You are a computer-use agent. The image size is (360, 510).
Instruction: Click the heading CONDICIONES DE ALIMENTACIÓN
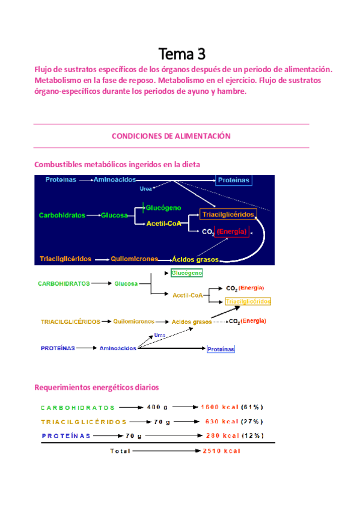coord(171,137)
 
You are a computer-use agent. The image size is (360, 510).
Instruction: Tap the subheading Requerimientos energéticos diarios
coord(97,388)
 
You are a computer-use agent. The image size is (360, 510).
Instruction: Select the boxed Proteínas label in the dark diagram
coord(234,180)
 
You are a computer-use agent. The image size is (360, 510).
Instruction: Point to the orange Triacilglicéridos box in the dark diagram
coord(228,214)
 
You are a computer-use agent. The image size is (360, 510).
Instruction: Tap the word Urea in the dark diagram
coord(145,189)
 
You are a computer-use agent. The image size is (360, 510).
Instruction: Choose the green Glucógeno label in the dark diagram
coord(163,207)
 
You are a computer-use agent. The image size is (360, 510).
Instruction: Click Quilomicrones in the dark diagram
coord(134,259)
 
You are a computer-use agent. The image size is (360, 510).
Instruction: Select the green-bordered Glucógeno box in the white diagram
coord(186,273)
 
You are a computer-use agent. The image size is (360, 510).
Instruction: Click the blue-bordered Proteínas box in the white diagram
coord(221,349)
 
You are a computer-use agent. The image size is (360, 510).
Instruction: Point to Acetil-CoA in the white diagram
coord(187,295)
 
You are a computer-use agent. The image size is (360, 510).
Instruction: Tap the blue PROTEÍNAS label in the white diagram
coord(58,348)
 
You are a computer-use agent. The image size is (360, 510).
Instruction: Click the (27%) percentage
coord(252,422)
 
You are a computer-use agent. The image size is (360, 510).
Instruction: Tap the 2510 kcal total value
coord(222,450)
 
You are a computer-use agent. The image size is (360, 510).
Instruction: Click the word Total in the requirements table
coord(120,450)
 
